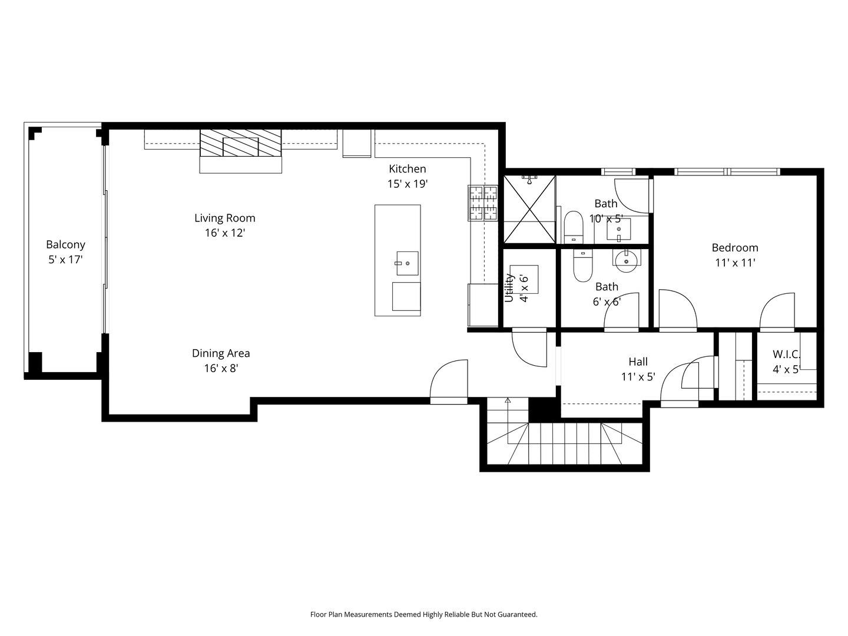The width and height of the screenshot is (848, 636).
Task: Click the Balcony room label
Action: pos(65,244)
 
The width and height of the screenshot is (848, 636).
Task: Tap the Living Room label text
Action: pos(225,218)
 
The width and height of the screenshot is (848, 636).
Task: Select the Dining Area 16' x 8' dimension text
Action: pos(221,369)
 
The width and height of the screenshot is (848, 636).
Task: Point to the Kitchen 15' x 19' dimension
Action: pos(408,184)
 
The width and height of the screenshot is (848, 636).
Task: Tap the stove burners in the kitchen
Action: pos(483,203)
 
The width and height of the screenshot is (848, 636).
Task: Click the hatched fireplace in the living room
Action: pos(240,143)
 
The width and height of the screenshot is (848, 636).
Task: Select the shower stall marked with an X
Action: pos(529,209)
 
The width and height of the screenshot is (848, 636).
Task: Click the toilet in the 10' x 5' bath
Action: pos(574,227)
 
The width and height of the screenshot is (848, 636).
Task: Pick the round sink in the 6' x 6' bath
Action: pos(626,261)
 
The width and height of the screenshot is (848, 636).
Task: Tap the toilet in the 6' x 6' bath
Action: pos(583,266)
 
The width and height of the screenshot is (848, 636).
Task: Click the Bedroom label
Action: pos(735,247)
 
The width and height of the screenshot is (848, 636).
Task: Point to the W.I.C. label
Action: pos(786,354)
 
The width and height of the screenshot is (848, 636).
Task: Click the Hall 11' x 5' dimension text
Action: pos(638,376)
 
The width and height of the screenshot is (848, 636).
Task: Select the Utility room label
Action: pos(509,288)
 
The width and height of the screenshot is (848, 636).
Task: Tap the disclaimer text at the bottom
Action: pos(424,614)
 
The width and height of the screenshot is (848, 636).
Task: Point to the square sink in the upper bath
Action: pos(618,230)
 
